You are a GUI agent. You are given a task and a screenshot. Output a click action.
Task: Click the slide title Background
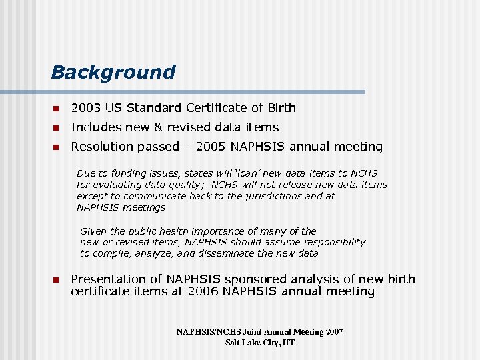113,72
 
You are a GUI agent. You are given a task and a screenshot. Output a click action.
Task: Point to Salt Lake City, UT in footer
260,343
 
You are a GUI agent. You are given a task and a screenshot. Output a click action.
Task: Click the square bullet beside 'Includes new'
56,128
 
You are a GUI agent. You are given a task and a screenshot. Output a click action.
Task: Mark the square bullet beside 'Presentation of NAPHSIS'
56,280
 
